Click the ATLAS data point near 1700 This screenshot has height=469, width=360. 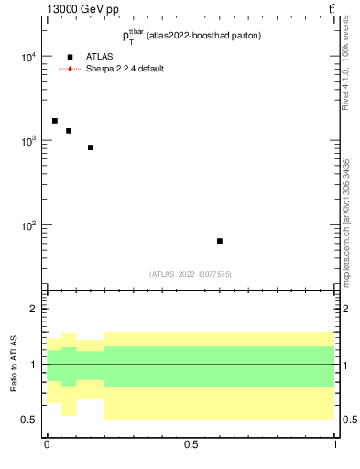click(x=55, y=121)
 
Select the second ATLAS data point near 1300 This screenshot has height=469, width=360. click(x=69, y=131)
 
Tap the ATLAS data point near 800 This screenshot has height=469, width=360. click(x=91, y=147)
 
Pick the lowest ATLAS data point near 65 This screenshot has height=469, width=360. click(x=220, y=241)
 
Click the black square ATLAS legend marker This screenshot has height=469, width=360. click(x=70, y=57)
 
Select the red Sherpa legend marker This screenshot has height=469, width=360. click(x=70, y=69)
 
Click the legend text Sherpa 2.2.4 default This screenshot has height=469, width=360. click(x=125, y=69)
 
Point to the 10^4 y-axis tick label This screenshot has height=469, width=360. click(x=27, y=57)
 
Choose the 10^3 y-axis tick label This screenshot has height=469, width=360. click(x=27, y=141)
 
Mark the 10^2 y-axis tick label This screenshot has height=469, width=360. click(x=27, y=225)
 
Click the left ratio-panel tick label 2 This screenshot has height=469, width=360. click(x=34, y=310)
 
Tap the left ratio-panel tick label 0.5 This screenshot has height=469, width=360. click(x=29, y=420)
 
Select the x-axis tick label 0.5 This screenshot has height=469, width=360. click(x=191, y=445)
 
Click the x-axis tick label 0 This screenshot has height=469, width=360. click(x=47, y=445)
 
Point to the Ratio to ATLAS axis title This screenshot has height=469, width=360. click(x=14, y=365)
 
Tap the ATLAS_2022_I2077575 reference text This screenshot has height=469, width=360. click(x=191, y=274)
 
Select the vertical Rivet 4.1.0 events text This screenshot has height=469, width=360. click(x=345, y=69)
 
